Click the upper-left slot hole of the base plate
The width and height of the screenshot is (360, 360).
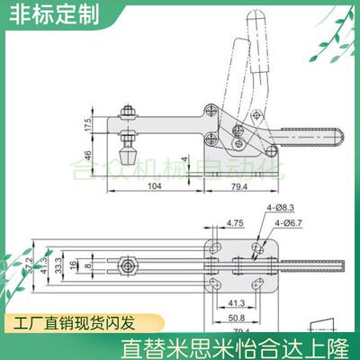click(x=216, y=245)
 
